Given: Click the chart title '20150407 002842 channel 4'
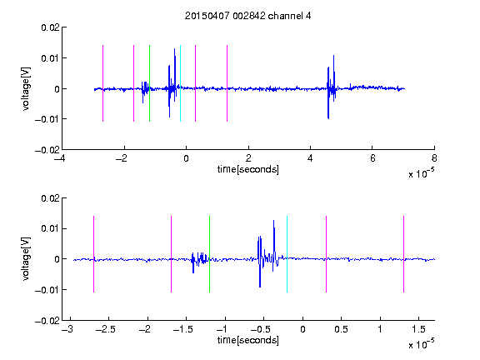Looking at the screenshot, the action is coord(247,16).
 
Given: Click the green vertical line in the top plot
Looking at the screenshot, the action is coord(149,83).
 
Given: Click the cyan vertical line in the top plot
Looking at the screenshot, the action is coord(180,83).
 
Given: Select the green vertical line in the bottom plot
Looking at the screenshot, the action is coord(209,254).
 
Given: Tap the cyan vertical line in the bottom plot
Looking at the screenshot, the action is coord(287,254).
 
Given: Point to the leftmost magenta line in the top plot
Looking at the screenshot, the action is coord(102,83).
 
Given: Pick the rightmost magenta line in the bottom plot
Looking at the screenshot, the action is coord(403,254).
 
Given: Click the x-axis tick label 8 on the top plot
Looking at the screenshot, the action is coord(434,158).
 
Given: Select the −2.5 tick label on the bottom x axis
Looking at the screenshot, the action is coord(105,329).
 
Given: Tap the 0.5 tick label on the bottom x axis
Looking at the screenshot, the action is coord(341,329).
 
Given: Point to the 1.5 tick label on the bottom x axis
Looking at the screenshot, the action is coord(419,329).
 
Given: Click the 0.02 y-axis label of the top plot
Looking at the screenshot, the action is coord(50,27).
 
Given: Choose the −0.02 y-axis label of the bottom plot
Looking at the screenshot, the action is coord(47,321).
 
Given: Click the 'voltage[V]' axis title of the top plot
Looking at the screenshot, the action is coord(26,89).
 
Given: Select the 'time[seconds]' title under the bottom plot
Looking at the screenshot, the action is coord(248,340).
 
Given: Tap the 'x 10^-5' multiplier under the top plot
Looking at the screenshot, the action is coord(421,173).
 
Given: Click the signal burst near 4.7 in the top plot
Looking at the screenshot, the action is coord(332,87).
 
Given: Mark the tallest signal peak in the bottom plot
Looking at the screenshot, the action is coord(273,220).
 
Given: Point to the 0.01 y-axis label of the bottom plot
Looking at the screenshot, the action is coord(50,228).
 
